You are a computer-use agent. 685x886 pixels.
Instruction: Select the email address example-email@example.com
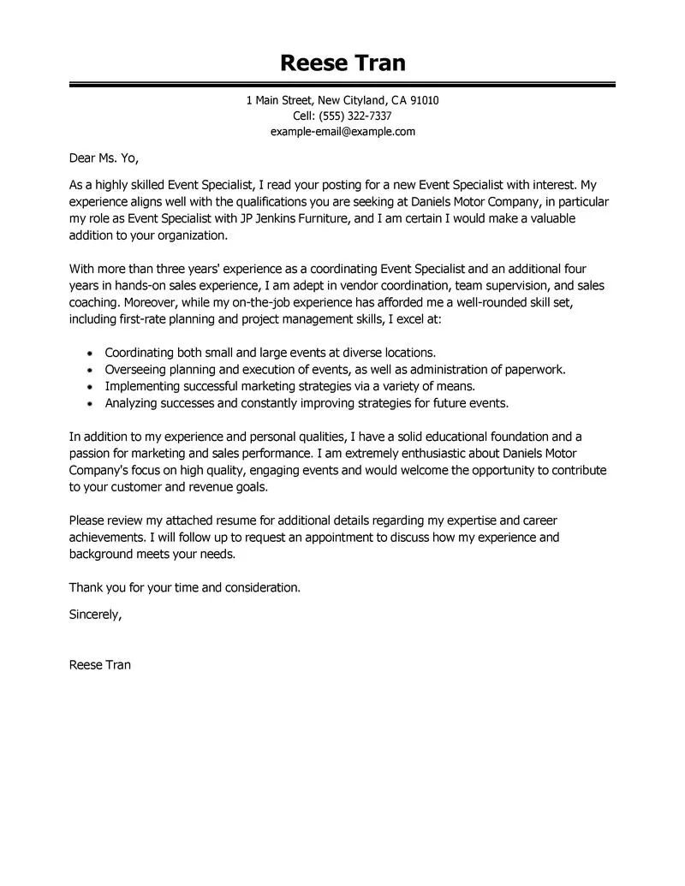342,131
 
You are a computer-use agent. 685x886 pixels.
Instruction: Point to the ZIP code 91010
424,100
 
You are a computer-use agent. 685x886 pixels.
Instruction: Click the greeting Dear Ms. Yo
103,158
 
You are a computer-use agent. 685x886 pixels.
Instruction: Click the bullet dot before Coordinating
91,353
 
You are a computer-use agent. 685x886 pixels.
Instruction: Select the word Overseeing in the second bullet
135,369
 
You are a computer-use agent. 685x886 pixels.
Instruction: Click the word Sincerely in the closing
94,613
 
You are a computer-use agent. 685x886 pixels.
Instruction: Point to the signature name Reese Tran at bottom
100,663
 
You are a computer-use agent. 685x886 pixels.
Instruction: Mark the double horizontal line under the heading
342,85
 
